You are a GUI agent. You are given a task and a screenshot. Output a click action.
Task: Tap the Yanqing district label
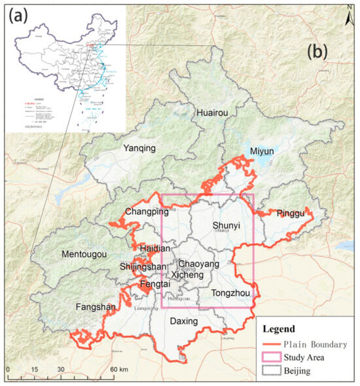(x=140, y=148)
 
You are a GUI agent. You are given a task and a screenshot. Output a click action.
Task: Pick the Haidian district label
(x=154, y=248)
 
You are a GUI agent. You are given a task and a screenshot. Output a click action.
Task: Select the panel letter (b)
(x=317, y=52)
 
